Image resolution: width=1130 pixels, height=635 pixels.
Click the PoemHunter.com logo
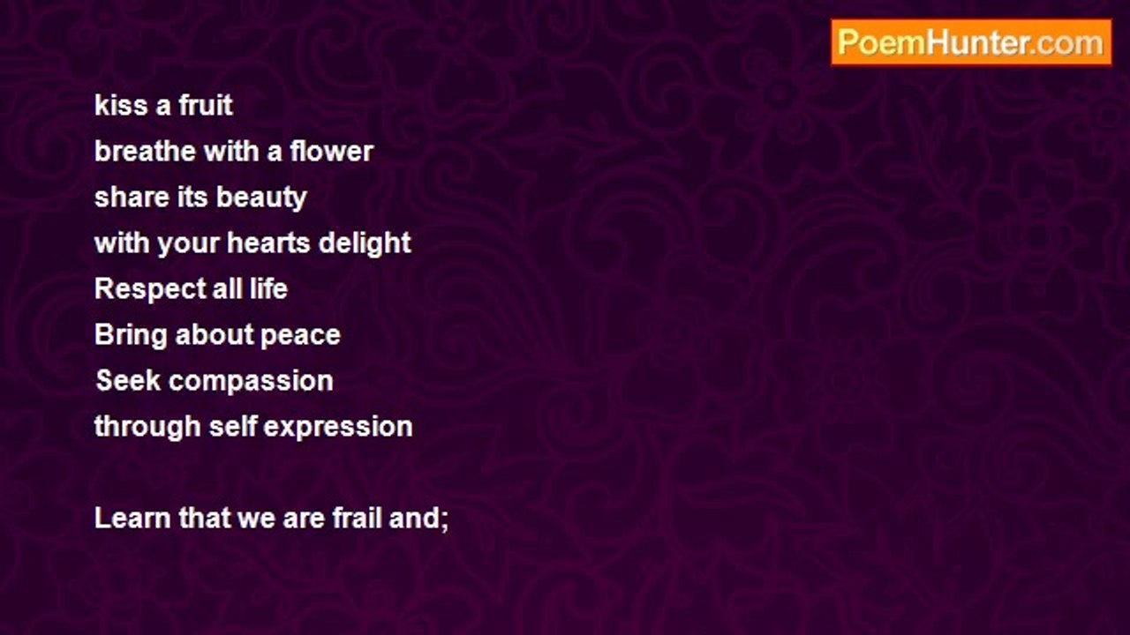coord(971,42)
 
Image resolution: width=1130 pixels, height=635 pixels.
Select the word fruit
coord(206,105)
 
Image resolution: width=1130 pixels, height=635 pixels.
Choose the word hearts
coord(268,243)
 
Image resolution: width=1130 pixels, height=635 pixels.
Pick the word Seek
coord(129,380)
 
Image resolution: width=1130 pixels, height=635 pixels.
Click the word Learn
coord(132,518)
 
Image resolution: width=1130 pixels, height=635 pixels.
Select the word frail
coord(357,518)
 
